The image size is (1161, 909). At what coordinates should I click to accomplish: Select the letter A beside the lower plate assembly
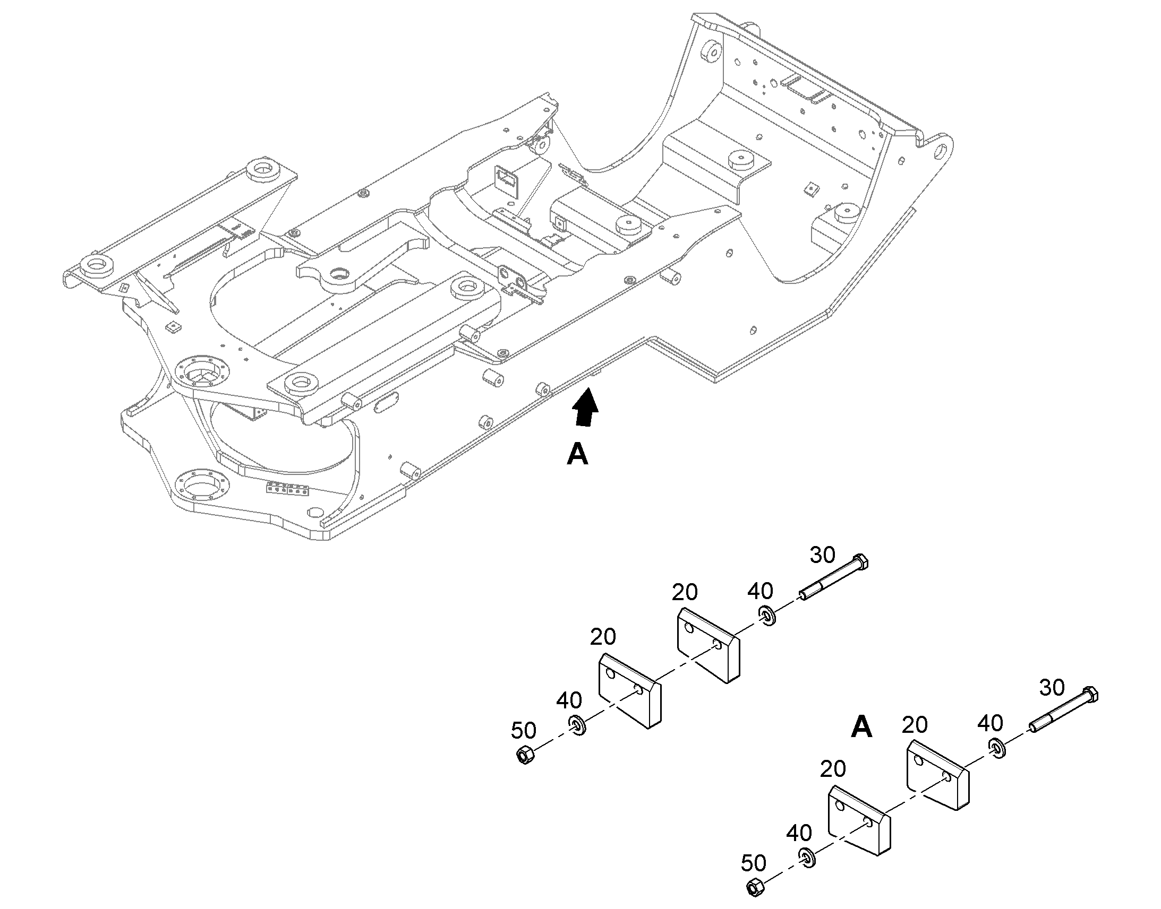861,726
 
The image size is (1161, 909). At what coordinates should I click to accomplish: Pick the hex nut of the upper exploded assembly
525,755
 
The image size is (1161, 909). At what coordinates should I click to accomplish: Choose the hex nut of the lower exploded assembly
756,887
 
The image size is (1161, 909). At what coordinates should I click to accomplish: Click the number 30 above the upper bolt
823,555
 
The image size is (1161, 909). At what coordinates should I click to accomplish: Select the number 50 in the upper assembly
524,731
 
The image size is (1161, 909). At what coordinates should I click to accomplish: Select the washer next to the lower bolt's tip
998,748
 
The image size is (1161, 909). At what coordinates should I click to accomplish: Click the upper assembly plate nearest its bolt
708,645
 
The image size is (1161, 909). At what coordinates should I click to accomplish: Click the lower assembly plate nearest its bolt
938,777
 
